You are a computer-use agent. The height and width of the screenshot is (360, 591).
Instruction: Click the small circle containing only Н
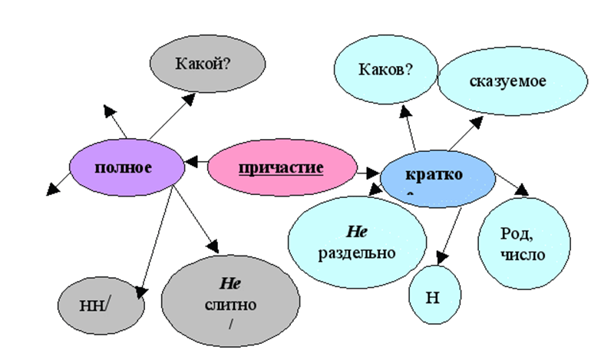[x=435, y=296]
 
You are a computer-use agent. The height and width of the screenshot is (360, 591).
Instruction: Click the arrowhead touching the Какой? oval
[x=189, y=98]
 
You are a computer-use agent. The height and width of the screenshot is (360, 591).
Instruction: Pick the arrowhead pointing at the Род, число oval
[x=521, y=190]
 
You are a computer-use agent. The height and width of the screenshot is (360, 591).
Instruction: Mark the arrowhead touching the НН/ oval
[x=140, y=291]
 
